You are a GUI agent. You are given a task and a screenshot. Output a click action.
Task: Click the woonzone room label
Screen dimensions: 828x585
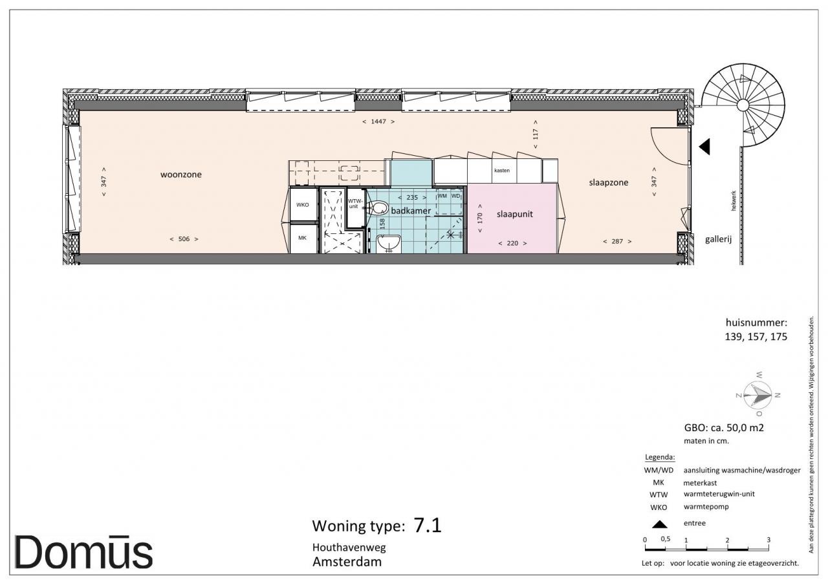pyautogui.click(x=180, y=175)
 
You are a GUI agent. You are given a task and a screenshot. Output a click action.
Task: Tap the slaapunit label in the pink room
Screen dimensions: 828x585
pyautogui.click(x=514, y=214)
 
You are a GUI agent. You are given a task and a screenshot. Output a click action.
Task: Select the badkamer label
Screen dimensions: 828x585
pyautogui.click(x=411, y=211)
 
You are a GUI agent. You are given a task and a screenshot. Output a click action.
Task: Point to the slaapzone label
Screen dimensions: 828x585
pyautogui.click(x=609, y=182)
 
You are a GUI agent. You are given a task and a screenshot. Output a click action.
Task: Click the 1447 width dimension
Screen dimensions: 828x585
pyautogui.click(x=378, y=122)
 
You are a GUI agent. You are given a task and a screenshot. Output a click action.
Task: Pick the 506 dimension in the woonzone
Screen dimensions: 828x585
pyautogui.click(x=184, y=239)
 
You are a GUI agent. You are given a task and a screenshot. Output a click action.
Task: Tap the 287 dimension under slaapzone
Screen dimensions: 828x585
pyautogui.click(x=617, y=242)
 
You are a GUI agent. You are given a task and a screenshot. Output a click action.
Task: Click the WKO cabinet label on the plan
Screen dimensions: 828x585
pyautogui.click(x=302, y=205)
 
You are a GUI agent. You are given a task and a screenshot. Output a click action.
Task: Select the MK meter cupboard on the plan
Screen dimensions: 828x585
pyautogui.click(x=303, y=239)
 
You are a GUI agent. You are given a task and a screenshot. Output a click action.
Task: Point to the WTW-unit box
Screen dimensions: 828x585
pyautogui.click(x=356, y=208)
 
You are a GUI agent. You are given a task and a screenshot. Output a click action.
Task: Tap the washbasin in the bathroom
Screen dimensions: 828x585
pyautogui.click(x=389, y=244)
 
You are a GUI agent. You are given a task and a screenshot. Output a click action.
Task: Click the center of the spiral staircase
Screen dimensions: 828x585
pyautogui.click(x=743, y=105)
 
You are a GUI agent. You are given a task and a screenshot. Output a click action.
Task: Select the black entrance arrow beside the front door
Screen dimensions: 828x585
pyautogui.click(x=704, y=147)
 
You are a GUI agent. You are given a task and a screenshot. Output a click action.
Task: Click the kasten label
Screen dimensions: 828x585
pyautogui.click(x=501, y=171)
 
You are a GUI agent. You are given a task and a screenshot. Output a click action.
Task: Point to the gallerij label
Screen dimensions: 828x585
pyautogui.click(x=718, y=239)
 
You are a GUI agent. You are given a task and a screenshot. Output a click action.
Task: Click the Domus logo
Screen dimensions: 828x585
pyautogui.click(x=83, y=552)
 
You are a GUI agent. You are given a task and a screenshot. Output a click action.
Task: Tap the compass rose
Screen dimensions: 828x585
pyautogui.click(x=757, y=395)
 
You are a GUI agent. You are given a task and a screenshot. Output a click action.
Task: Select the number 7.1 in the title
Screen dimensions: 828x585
pyautogui.click(x=428, y=525)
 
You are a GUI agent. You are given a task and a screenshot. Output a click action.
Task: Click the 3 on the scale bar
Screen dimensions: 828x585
pyautogui.click(x=768, y=540)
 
